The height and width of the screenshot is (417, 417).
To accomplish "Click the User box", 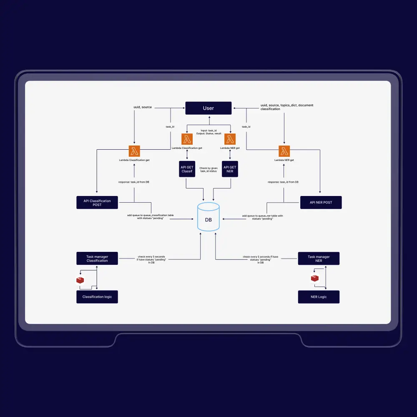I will [x=208, y=108].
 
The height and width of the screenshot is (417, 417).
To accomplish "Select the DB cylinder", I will [x=208, y=217].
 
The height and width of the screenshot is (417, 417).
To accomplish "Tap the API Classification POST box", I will [x=97, y=203].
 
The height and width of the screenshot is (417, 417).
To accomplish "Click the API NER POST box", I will [x=321, y=202].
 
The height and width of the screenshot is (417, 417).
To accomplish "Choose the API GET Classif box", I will [x=187, y=169].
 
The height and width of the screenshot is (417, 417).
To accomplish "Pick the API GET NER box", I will [x=230, y=169].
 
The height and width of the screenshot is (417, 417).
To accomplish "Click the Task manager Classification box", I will [x=97, y=259].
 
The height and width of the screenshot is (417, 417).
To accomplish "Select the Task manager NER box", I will [x=319, y=259].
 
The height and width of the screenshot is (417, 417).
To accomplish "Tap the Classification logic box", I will [x=97, y=296].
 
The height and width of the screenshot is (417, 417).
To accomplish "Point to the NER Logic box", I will [x=319, y=296].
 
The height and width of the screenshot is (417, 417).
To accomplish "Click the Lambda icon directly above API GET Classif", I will [x=187, y=139].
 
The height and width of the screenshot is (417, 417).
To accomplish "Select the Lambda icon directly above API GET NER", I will [x=230, y=139].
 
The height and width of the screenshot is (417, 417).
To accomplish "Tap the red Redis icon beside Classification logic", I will [x=80, y=280].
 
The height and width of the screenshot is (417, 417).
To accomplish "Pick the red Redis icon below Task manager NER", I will [x=315, y=278].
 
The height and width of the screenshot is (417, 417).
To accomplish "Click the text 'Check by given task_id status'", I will [x=208, y=169].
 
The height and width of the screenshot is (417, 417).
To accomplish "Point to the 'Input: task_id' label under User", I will [x=208, y=131].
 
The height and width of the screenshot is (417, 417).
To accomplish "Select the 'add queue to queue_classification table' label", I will [x=150, y=215].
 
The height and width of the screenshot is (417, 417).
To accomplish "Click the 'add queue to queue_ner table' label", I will [x=262, y=216].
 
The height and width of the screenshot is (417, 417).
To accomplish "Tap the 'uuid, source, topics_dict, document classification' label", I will [x=286, y=107].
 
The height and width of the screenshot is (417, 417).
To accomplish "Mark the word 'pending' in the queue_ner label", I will [x=267, y=219].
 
